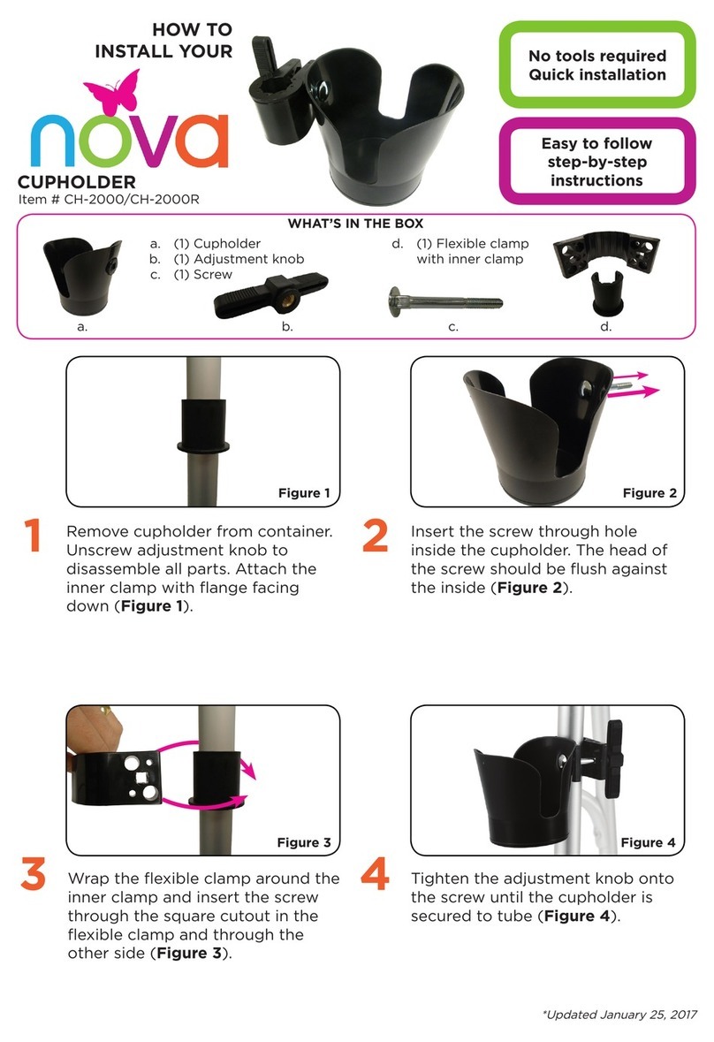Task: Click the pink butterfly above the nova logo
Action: pos(114,93)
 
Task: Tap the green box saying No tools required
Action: pos(597,65)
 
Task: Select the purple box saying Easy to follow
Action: pos(597,161)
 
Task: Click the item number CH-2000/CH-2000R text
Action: pos(109,200)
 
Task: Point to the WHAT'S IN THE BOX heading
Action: pos(355,224)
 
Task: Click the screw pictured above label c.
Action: pos(445,302)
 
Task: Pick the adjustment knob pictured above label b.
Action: pos(271,296)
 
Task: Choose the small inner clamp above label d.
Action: pos(606,293)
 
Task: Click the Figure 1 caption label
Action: pos(304,492)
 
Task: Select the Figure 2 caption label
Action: pos(649,492)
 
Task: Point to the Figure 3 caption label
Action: pos(304,842)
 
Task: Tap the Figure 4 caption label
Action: pos(649,842)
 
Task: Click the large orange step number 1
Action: pos(32,536)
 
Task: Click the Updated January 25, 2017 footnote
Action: pos(619,1014)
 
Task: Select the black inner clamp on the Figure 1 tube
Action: pos(203,426)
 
